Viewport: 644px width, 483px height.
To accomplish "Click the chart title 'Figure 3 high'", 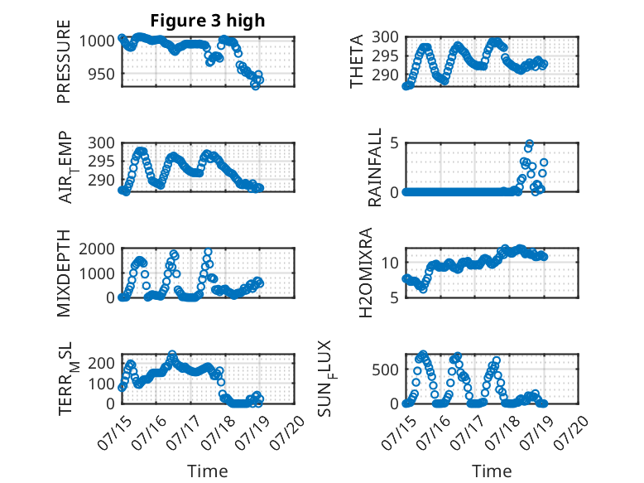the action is pyautogui.click(x=208, y=21).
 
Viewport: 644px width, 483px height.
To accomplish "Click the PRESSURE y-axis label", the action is pyautogui.click(x=64, y=61).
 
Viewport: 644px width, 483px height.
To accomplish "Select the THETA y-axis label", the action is pyautogui.click(x=357, y=61).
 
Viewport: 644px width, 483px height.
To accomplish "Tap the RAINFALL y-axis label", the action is pyautogui.click(x=375, y=167).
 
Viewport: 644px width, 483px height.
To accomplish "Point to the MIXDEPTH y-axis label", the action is pyautogui.click(x=64, y=273).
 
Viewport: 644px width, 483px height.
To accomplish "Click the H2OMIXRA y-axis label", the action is pyautogui.click(x=365, y=273).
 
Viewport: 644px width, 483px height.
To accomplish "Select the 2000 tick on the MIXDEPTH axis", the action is pyautogui.click(x=97, y=249).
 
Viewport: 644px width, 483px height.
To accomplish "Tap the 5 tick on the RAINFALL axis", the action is pyautogui.click(x=394, y=143).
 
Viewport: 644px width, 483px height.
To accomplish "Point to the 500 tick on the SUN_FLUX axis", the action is pyautogui.click(x=385, y=370).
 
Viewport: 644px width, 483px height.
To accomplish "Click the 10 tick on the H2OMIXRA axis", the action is pyautogui.click(x=390, y=263).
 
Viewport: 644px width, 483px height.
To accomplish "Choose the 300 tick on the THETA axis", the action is pyautogui.click(x=385, y=37).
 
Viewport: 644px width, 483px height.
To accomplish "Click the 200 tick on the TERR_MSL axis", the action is pyautogui.click(x=101, y=363).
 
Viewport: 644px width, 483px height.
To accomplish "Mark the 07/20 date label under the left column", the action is pyautogui.click(x=288, y=432).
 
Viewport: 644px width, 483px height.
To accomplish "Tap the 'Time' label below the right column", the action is pyautogui.click(x=492, y=471).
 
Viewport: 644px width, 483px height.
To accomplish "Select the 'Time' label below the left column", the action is pyautogui.click(x=208, y=471).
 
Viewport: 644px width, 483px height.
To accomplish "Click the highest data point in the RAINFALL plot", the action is pyautogui.click(x=530, y=143).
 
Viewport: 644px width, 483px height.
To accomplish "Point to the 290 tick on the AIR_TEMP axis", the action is pyautogui.click(x=101, y=180).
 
